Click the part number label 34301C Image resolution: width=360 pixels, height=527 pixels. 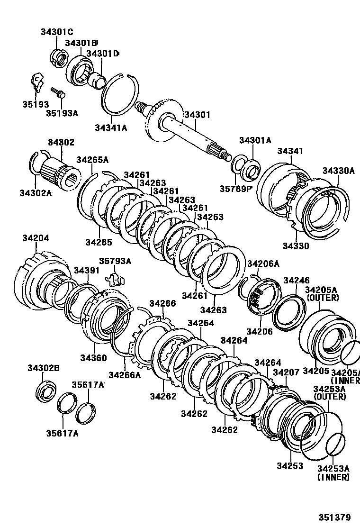[x=56, y=32]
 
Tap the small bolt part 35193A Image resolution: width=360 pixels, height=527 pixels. [x=57, y=92]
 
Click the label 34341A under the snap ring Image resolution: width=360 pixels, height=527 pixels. [x=111, y=127]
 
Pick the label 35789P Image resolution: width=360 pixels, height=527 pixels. [x=235, y=189]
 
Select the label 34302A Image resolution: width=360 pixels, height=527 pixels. [x=36, y=192]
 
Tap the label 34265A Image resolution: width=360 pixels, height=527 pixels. [x=92, y=160]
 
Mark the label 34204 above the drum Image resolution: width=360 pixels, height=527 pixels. [x=35, y=238]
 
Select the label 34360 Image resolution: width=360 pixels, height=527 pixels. [x=93, y=357]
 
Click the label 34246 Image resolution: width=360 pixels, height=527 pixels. [x=296, y=281]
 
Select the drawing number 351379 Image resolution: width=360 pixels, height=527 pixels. [x=338, y=517]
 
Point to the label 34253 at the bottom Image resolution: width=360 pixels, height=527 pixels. [x=290, y=466]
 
